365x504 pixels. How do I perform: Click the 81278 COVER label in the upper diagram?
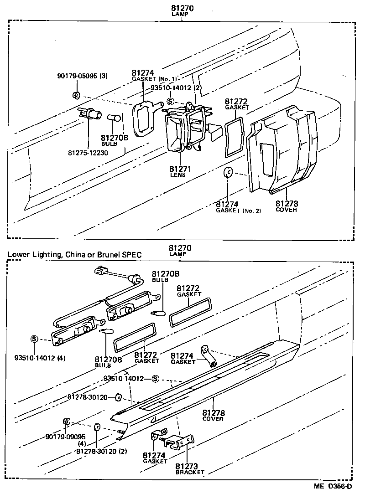286,206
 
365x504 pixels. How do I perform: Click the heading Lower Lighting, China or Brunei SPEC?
74,254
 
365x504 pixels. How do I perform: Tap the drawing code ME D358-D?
333,486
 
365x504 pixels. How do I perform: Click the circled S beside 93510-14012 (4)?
34,339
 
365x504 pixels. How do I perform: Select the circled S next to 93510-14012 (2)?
170,102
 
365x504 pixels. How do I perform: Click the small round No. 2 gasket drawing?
229,173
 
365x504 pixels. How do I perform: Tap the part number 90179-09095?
65,437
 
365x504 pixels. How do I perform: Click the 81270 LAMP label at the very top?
180,10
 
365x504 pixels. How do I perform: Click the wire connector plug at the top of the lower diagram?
101,271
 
